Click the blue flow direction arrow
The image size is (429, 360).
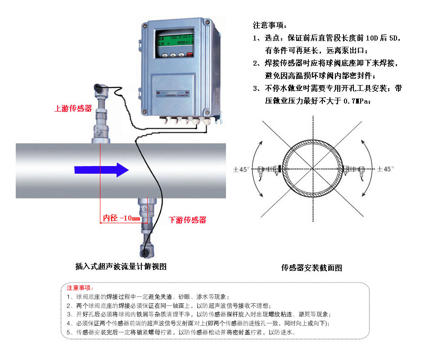click(101, 170)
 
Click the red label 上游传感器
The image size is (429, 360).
click(72, 109)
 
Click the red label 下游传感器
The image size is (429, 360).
click(187, 220)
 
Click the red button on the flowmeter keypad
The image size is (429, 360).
click(190, 55)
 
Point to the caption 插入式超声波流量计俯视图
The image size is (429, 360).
click(121, 266)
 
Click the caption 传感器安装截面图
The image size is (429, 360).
click(312, 268)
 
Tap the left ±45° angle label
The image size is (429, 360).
click(241, 170)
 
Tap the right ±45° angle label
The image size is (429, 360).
click(386, 169)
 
